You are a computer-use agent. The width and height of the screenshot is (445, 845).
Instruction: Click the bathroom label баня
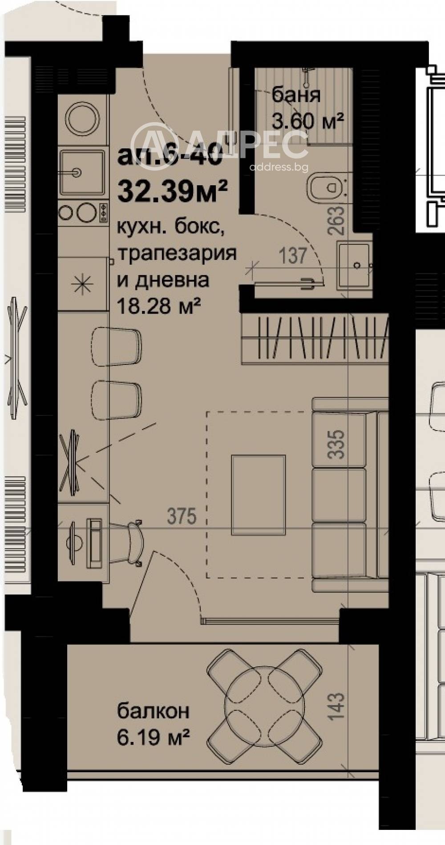click(296, 95)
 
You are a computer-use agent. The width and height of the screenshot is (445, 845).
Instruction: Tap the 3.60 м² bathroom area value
click(307, 121)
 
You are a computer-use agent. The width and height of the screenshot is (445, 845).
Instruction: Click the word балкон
click(153, 711)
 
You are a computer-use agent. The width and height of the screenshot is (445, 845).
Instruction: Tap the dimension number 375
click(182, 516)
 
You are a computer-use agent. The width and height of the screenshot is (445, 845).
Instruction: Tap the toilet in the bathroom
click(327, 186)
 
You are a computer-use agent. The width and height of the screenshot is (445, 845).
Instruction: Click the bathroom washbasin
click(355, 265)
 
